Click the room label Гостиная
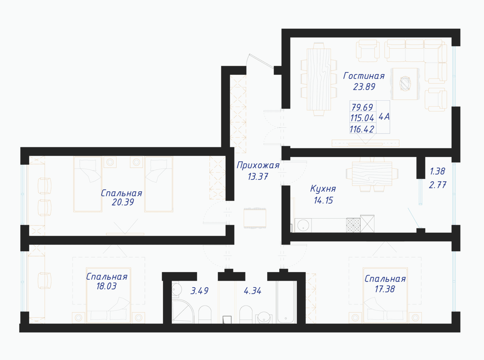(364, 76)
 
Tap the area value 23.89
(364, 87)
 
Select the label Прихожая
(258, 166)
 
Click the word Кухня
(323, 189)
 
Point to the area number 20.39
(123, 202)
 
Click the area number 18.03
(106, 286)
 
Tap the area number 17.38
(385, 289)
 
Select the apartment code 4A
(384, 117)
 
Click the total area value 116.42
(362, 129)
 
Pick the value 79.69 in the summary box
(362, 107)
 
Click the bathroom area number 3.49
(199, 291)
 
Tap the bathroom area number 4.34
(253, 291)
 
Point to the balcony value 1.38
(437, 171)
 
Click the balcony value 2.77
(437, 185)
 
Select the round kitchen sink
(303, 225)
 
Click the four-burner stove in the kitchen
(353, 225)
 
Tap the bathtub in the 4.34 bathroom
(286, 302)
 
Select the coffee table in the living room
(405, 83)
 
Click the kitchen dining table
(372, 174)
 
